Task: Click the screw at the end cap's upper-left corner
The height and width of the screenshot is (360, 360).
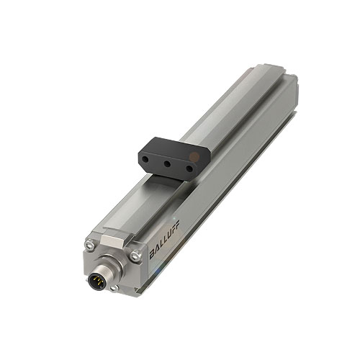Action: coord(88,246)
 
